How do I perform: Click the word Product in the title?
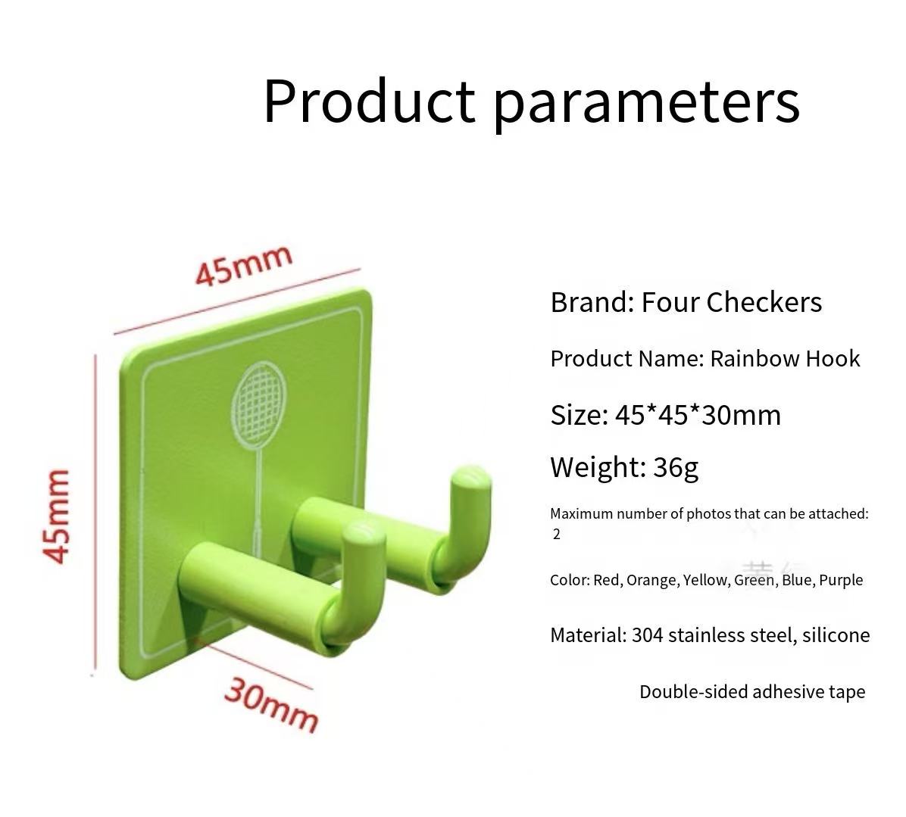[369, 101]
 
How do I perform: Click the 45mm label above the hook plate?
[243, 265]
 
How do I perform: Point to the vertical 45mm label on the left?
[56, 515]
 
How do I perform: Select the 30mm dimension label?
[270, 704]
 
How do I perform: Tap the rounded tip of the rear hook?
[471, 477]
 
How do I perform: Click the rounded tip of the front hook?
[364, 533]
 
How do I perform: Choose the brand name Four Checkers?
[732, 302]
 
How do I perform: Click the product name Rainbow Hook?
[785, 359]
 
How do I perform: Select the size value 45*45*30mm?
[698, 415]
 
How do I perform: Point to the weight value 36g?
[676, 468]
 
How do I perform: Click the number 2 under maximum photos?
[557, 534]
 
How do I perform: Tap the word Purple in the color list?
[841, 580]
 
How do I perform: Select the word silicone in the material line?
[836, 635]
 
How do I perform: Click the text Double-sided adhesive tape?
[752, 692]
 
